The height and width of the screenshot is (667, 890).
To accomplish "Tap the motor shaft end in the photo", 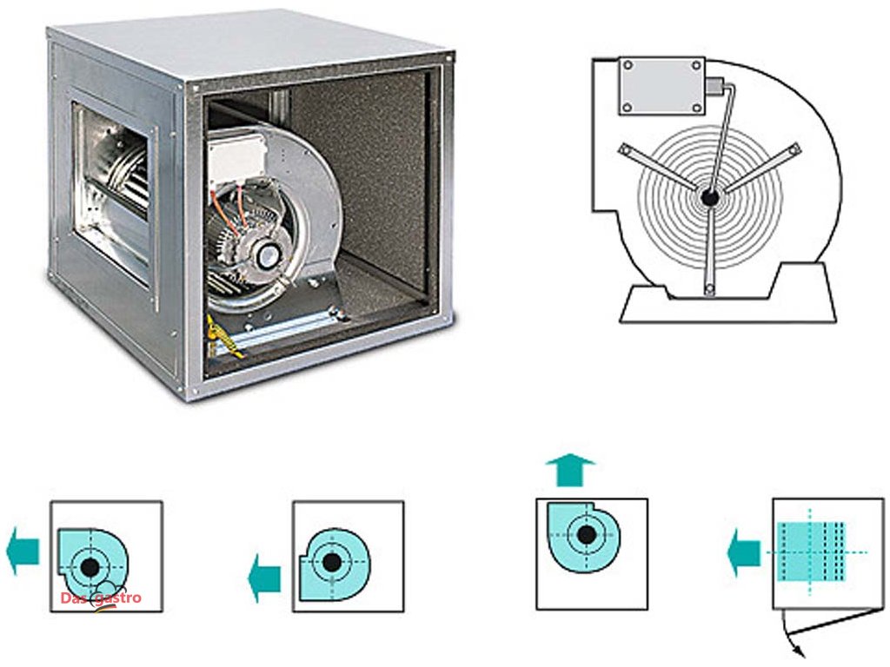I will point(265,254).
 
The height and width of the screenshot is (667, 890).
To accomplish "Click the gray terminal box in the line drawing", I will point(661,85).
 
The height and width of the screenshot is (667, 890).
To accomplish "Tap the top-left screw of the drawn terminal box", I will point(626,64).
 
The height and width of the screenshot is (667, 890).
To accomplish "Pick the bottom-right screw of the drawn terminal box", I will point(697,107).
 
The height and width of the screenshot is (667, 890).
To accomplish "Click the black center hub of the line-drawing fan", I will point(709,198).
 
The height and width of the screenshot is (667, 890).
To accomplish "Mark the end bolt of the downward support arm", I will point(709,288).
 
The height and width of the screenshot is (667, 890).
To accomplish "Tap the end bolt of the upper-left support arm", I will point(623,150).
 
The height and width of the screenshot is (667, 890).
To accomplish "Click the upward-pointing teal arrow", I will point(570,470).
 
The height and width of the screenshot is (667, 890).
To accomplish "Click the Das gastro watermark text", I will point(101,598).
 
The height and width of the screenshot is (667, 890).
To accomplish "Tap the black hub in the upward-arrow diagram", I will point(587,534).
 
